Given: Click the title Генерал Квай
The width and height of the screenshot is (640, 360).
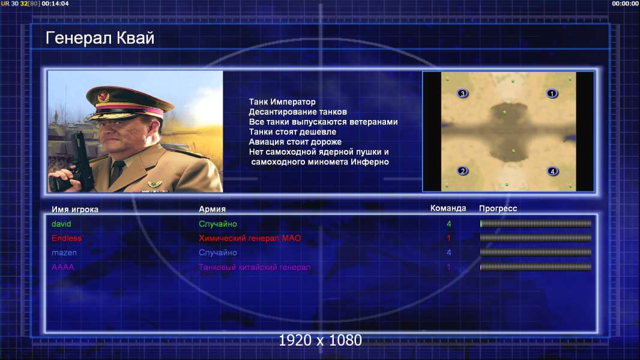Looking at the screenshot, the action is pyautogui.click(x=100, y=38).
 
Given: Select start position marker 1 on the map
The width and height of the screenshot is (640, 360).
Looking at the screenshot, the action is pyautogui.click(x=552, y=94).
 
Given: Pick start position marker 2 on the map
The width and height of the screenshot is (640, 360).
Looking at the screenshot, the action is pyautogui.click(x=462, y=171).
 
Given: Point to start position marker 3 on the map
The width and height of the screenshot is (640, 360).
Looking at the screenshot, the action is pyautogui.click(x=462, y=94).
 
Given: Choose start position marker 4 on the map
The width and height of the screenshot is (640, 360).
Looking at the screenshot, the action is pyautogui.click(x=552, y=171).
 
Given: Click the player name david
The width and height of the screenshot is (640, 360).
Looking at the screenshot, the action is pyautogui.click(x=61, y=224).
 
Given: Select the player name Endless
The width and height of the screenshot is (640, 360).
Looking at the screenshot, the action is pyautogui.click(x=67, y=238).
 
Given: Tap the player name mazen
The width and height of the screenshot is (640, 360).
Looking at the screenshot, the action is pyautogui.click(x=64, y=253).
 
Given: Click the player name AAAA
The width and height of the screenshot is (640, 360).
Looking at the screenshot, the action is pyautogui.click(x=63, y=267).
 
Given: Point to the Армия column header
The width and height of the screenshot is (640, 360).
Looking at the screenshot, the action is pyautogui.click(x=213, y=209).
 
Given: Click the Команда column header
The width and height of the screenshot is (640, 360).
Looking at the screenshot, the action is pyautogui.click(x=448, y=208).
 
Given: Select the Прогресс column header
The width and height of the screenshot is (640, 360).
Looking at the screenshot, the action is pyautogui.click(x=498, y=209).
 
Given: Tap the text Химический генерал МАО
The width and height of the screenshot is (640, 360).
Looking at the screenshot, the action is pyautogui.click(x=250, y=238).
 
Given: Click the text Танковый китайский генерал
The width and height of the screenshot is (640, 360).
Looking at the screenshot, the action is pyautogui.click(x=255, y=268).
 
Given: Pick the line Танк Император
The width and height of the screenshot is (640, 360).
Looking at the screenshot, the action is pyautogui.click(x=282, y=102).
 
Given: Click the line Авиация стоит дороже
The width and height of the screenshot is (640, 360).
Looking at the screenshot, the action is pyautogui.click(x=295, y=142).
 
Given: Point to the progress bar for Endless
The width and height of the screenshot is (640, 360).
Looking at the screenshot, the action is pyautogui.click(x=536, y=238).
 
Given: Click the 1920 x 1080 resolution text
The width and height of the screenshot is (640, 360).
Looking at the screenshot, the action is pyautogui.click(x=321, y=340).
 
